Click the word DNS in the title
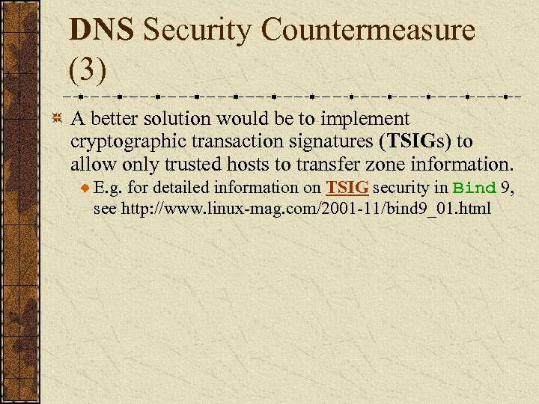(x=101, y=31)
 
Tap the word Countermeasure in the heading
(x=368, y=31)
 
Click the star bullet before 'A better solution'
(x=56, y=119)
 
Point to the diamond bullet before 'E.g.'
(x=86, y=188)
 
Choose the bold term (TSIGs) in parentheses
(x=414, y=141)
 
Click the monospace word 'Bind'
(x=475, y=187)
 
